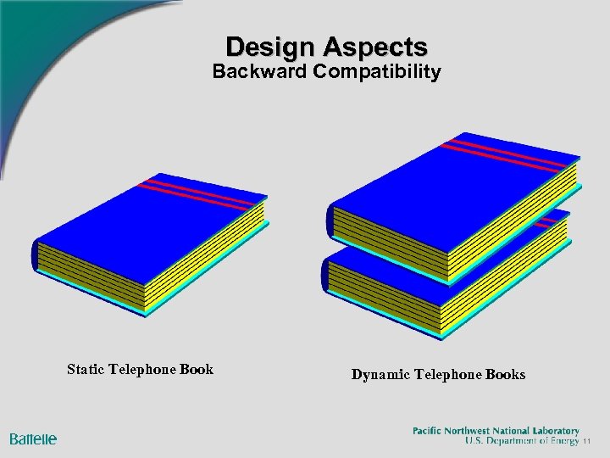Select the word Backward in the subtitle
258,71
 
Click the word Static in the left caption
86,369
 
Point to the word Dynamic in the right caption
380,374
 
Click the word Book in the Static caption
194,369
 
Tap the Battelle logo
33,438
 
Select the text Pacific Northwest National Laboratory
496,431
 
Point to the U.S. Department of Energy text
522,441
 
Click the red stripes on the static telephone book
200,193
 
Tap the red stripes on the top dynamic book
508,153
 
